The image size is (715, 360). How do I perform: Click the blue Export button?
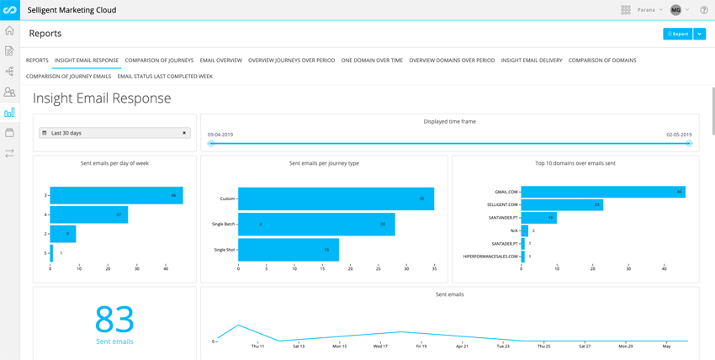click(x=678, y=34)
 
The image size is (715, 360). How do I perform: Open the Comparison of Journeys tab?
click(x=159, y=61)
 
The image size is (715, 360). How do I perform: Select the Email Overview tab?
click(x=220, y=61)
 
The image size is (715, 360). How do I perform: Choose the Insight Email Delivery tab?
click(x=532, y=61)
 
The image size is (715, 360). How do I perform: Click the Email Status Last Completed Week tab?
click(x=165, y=77)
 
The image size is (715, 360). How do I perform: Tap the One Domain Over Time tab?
click(x=372, y=61)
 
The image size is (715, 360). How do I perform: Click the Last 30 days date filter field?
click(x=114, y=133)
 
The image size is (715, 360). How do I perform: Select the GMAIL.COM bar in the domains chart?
click(x=603, y=192)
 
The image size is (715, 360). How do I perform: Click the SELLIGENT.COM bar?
click(x=562, y=204)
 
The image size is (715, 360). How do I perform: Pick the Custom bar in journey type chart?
click(x=336, y=199)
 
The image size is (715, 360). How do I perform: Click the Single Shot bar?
click(x=289, y=250)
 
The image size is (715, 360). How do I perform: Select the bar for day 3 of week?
click(x=116, y=195)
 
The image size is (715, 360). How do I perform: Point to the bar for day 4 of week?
click(x=88, y=214)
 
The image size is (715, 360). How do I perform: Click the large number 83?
click(x=114, y=320)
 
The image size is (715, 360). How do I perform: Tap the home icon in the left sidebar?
click(x=9, y=30)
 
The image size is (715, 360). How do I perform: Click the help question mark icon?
click(x=704, y=10)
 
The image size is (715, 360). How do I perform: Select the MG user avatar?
click(x=675, y=10)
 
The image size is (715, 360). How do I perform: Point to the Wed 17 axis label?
click(x=380, y=347)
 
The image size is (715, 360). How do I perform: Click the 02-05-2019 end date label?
click(x=679, y=135)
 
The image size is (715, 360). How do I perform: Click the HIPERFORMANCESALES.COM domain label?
click(x=491, y=257)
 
